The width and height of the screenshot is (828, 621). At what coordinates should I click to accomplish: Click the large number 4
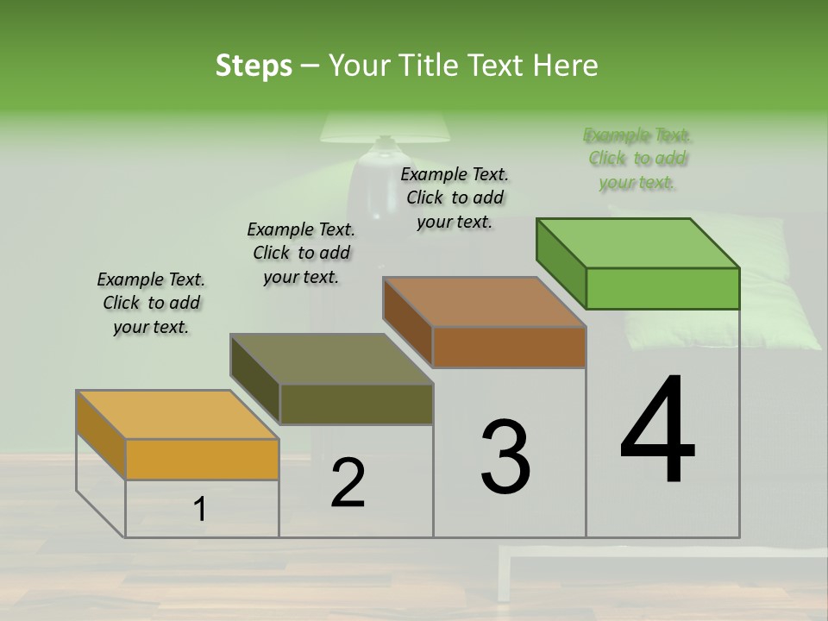coord(657,431)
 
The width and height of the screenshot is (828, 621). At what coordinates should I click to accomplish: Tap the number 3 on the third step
coord(505,457)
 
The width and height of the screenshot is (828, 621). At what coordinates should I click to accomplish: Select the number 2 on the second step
coord(348,483)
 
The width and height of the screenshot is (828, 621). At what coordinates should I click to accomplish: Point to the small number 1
coord(200,510)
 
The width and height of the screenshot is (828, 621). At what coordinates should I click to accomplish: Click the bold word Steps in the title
coord(254,66)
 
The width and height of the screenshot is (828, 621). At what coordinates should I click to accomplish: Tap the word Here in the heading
coord(568,66)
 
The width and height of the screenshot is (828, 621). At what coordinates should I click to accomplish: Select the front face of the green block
coord(662,288)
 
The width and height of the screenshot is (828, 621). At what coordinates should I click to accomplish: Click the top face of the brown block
coord(485,302)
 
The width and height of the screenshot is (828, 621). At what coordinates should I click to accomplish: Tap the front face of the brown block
coord(509,347)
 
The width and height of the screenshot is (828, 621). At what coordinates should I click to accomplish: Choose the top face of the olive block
coord(331,359)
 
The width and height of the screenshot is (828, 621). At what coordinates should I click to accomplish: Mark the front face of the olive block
coord(356,404)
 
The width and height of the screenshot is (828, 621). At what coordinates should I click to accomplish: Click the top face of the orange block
coord(178,415)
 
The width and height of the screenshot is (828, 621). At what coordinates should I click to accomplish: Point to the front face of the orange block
coord(202,459)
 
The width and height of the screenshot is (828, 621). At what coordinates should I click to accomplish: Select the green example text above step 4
coord(637,159)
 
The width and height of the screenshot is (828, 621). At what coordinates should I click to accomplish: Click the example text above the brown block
coord(455,198)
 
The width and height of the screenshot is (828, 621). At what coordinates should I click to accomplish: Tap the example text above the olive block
coord(301,253)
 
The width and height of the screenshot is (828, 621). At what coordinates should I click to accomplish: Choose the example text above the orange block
coord(151,303)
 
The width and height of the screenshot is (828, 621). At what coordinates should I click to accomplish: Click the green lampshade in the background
coord(386,129)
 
